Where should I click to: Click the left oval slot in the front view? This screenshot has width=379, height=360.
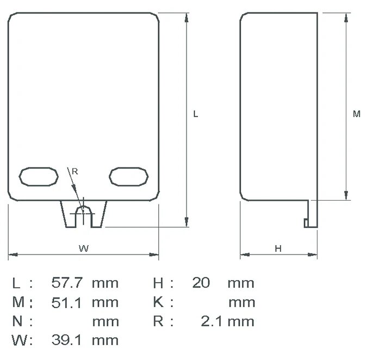tap(38, 177)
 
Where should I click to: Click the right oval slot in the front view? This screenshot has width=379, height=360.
tap(128, 177)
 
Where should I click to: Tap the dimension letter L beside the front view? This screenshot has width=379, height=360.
tap(196, 114)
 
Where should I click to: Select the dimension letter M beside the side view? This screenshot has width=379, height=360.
tap(356, 114)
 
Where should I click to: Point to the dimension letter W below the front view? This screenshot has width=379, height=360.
tap(83, 249)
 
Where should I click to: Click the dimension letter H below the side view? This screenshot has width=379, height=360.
tap(278, 249)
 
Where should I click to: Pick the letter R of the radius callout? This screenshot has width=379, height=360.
tap(75, 171)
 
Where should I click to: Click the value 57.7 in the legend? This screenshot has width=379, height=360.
tap(67, 283)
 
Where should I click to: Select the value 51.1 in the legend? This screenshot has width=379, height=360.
tap(67, 302)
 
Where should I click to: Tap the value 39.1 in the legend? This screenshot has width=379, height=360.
tap(67, 340)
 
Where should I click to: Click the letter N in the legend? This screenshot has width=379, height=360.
tap(17, 321)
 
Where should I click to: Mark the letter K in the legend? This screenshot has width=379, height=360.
tap(158, 302)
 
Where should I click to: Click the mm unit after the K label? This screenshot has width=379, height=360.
tap(241, 302)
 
